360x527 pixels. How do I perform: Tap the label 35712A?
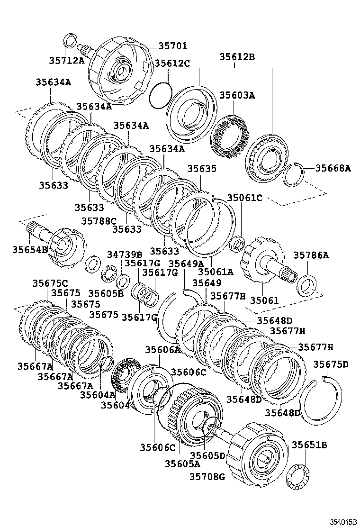[66, 60]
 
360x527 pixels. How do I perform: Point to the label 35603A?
[237, 95]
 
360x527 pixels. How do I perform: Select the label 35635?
[201, 168]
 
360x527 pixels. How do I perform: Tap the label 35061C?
[244, 198]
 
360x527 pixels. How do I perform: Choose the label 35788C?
[99, 221]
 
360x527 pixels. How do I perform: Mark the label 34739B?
[124, 255]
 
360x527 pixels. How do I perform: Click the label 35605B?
[105, 293]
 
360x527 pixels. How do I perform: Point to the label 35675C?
[50, 283]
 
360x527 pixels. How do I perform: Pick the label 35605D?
[207, 455]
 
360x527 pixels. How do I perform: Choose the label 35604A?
[98, 394]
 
